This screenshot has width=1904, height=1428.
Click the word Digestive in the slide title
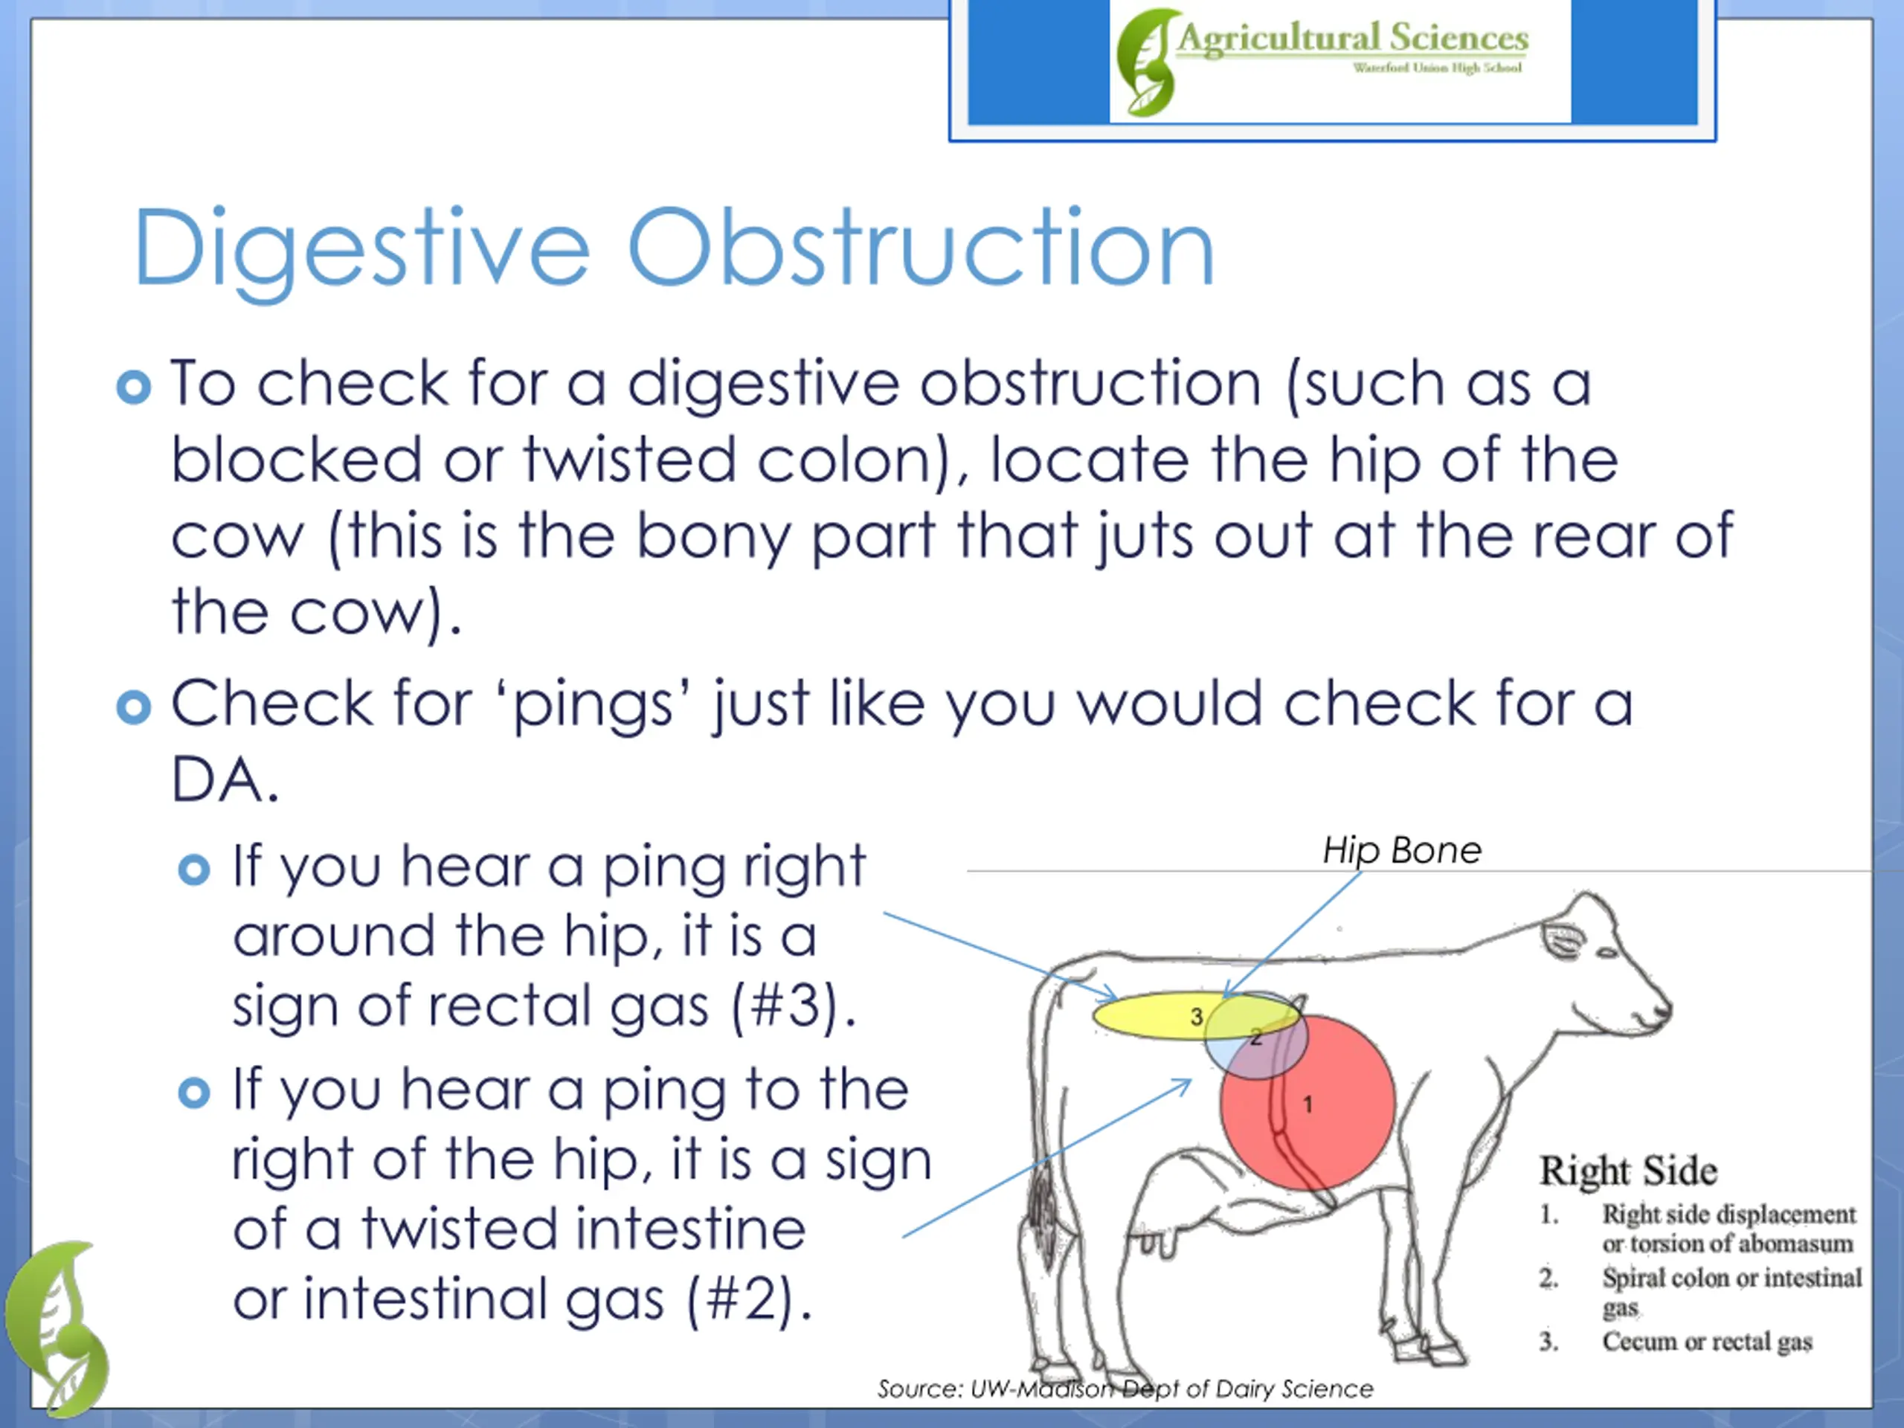[x=361, y=250]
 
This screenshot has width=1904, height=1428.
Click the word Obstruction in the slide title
[x=921, y=250]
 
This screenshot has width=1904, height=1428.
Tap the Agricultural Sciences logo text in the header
[x=1352, y=39]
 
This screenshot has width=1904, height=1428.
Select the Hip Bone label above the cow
[x=1401, y=850]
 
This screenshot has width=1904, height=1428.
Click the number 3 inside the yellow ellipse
[x=1196, y=1017]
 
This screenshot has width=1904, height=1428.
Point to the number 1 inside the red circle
[x=1308, y=1104]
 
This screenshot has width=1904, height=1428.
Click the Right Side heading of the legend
[x=1627, y=1171]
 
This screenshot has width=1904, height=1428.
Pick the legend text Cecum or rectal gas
[x=1706, y=1341]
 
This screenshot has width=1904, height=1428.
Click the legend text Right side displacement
[x=1728, y=1214]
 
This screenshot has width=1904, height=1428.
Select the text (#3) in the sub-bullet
[x=792, y=1006]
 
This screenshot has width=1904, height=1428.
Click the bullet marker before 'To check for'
[x=133, y=387]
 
